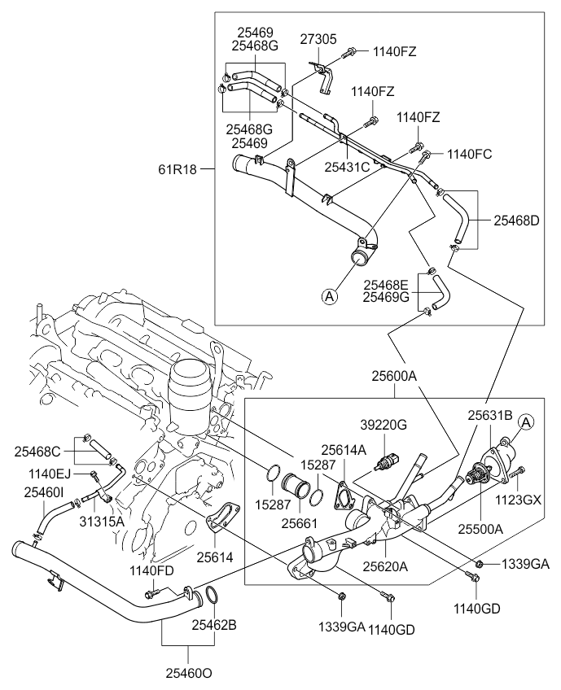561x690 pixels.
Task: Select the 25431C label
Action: tap(348, 167)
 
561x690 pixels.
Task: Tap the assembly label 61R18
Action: tap(178, 169)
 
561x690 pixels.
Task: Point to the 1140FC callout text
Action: tap(470, 153)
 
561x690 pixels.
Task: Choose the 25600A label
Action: tap(395, 377)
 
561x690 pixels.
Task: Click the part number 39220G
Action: tap(383, 426)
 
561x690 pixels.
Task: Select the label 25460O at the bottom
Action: tap(190, 673)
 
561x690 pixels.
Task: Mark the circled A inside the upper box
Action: tap(329, 298)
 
